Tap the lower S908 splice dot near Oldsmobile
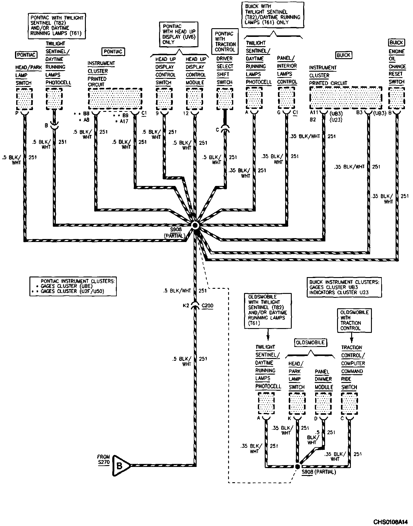pos(297,467)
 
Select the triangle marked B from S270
pos(120,466)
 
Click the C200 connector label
pos(207,306)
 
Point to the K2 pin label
pos(186,306)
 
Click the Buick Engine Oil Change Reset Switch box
pos(396,98)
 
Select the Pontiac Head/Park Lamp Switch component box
pos(24,99)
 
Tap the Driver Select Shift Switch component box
pos(225,98)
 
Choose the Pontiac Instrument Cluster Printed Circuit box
pos(115,99)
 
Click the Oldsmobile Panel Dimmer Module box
pos(323,403)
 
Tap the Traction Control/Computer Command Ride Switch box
pos(349,403)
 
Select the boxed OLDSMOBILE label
pos(310,342)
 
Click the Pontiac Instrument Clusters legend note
pos(73,286)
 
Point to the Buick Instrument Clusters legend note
pos(344,287)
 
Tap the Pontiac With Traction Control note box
pos(225,42)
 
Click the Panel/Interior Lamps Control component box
pos(286,98)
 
